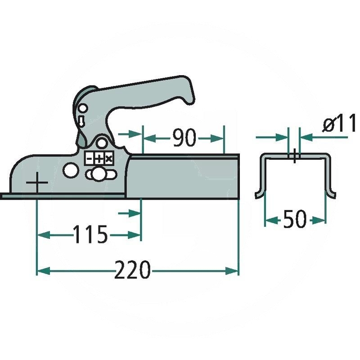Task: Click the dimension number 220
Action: coord(132,270)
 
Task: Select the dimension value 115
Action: coord(91,234)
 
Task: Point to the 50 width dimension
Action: coord(295,220)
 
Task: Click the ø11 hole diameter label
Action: coord(338,125)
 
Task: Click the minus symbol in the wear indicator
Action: coord(89,158)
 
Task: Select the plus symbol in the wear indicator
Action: coord(99,158)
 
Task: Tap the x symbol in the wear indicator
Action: coord(108,158)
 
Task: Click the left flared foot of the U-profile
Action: coord(258,194)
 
